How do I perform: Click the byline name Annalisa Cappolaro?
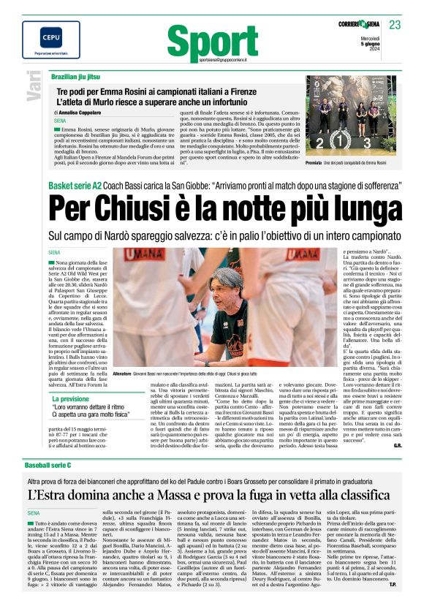point(81,113)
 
